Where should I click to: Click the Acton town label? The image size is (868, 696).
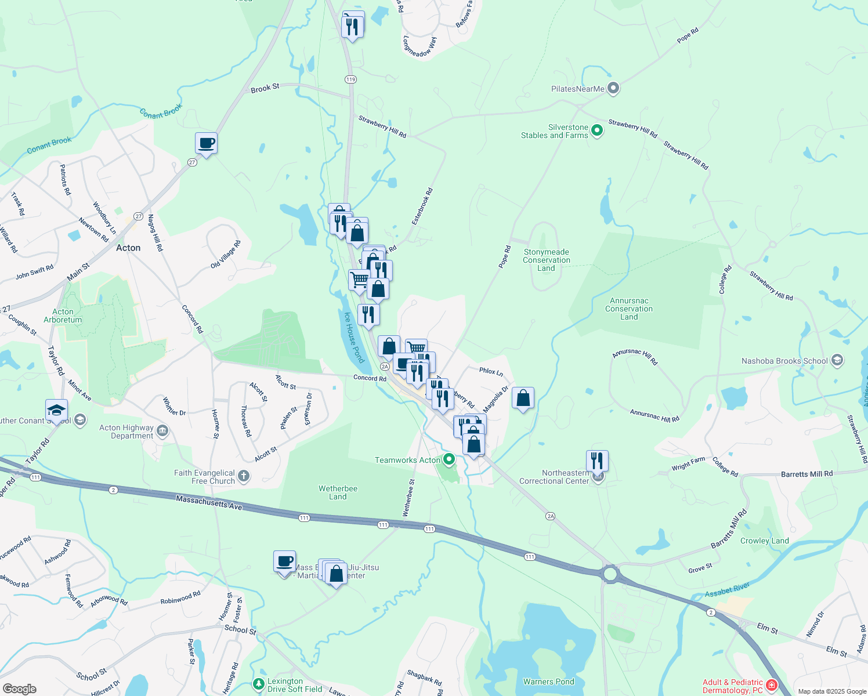(x=128, y=248)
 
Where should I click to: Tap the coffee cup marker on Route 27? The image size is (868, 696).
(x=206, y=143)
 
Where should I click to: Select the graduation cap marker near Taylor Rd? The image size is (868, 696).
(x=56, y=410)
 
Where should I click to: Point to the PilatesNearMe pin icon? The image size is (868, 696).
(x=613, y=89)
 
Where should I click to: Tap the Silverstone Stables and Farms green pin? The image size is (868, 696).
(x=596, y=131)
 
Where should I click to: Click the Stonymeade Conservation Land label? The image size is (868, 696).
(x=546, y=260)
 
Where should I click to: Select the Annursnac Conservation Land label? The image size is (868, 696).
(x=629, y=309)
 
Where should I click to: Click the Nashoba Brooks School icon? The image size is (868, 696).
(x=837, y=361)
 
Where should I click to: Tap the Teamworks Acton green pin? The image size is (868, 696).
(x=449, y=460)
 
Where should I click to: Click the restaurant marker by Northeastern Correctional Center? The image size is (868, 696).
(x=597, y=461)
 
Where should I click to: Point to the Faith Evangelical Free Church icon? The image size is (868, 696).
(x=244, y=477)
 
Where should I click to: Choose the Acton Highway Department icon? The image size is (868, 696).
(x=162, y=431)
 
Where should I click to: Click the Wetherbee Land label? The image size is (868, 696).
(x=338, y=492)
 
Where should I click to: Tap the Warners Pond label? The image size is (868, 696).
(x=548, y=681)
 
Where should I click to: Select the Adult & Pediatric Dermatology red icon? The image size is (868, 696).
(x=771, y=686)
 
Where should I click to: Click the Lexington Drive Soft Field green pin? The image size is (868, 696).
(x=259, y=685)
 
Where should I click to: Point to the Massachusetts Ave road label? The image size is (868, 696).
(x=209, y=503)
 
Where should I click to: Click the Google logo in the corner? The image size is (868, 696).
(x=20, y=688)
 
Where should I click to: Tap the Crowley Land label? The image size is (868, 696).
(x=764, y=541)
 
